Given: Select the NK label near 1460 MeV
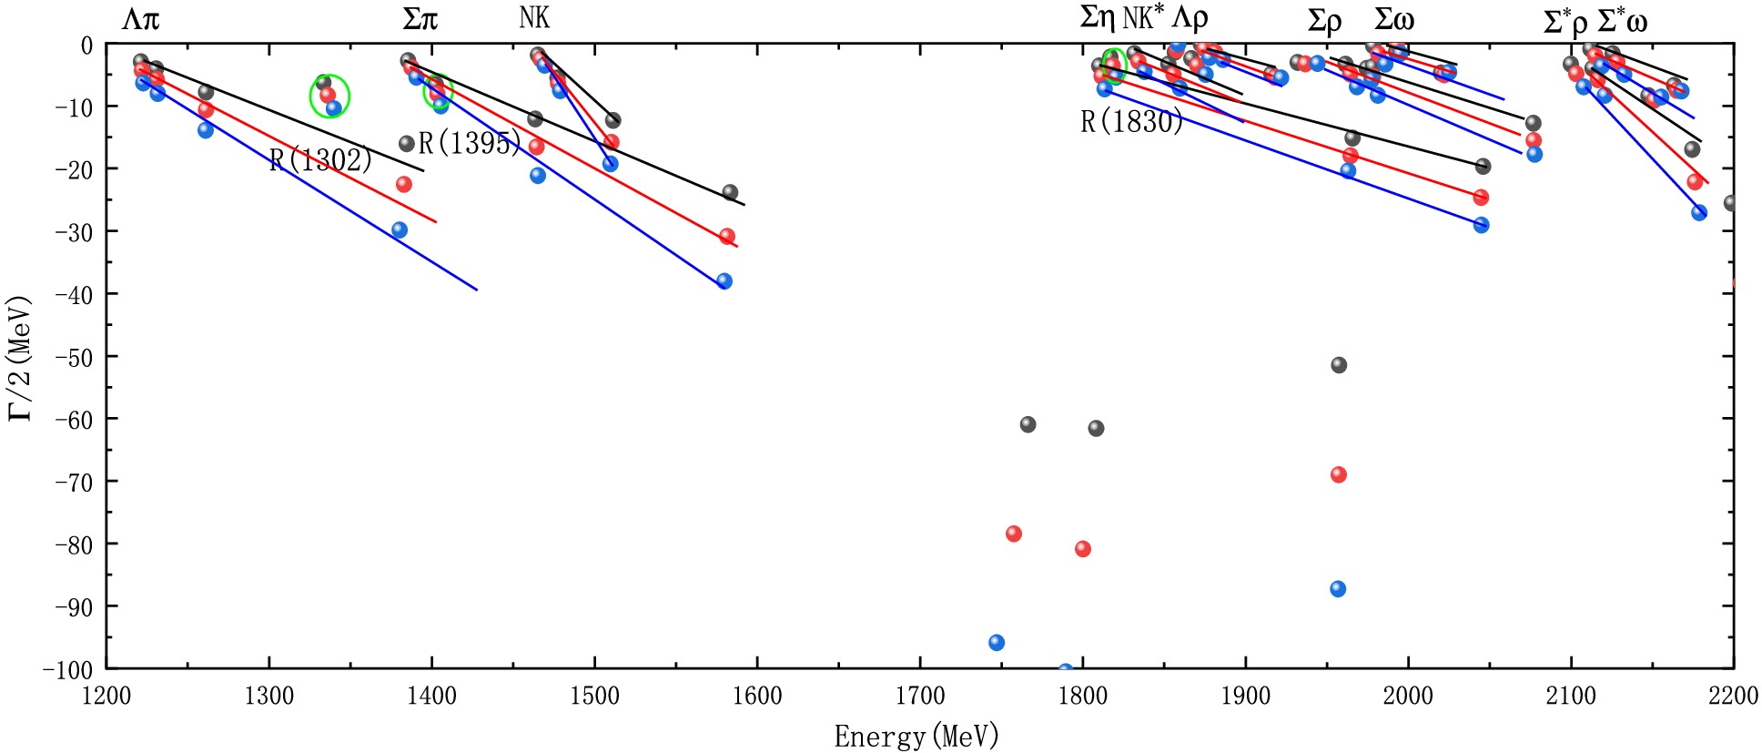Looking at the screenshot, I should [534, 17].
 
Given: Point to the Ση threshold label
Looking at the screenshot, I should [1098, 18].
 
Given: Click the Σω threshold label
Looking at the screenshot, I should [1393, 20].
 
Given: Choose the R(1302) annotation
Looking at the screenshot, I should [320, 160].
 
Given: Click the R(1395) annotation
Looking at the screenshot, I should [470, 143].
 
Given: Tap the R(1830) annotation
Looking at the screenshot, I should [1131, 122].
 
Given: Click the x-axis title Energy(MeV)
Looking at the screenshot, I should [916, 736].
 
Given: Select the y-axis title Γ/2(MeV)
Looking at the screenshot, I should [20, 357].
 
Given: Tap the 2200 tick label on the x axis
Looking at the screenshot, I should [1733, 697].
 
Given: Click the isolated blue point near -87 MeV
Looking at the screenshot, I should [1338, 589].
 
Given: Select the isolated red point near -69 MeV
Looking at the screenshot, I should [1339, 474].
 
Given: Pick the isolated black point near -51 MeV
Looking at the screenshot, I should [1339, 365].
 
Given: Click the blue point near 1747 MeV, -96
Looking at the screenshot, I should [997, 643].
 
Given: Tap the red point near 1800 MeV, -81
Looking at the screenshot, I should [1083, 549].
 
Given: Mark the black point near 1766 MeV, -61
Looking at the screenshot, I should [1028, 424].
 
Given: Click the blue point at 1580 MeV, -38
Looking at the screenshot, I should [724, 281].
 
